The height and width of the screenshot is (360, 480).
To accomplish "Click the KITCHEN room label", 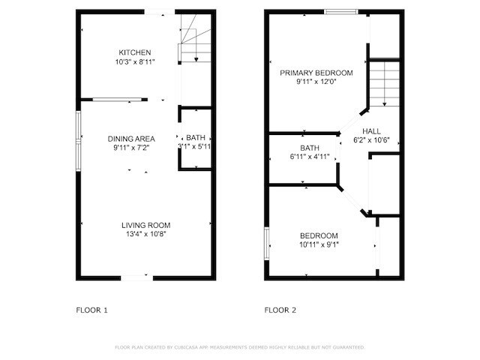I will pyautogui.click(x=135, y=52).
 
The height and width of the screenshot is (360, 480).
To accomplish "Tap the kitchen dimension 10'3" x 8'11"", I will pyautogui.click(x=135, y=62).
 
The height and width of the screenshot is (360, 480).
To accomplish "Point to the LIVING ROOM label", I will pyautogui.click(x=146, y=225).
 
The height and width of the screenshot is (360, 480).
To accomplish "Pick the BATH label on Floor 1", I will pyautogui.click(x=196, y=138).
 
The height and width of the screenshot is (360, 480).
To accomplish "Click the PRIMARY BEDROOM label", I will pyautogui.click(x=316, y=73).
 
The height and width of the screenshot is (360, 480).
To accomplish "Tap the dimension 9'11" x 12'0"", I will pyautogui.click(x=316, y=82).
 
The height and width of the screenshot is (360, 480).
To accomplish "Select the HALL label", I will pyautogui.click(x=371, y=130).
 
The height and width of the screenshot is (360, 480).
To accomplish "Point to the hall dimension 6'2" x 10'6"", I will pyautogui.click(x=371, y=140).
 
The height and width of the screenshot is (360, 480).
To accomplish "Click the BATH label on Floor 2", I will pyautogui.click(x=310, y=148).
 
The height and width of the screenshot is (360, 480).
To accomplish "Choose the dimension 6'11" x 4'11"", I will pyautogui.click(x=310, y=157).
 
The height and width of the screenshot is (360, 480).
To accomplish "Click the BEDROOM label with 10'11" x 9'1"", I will pyautogui.click(x=319, y=235).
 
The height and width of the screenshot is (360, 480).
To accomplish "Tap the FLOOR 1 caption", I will pyautogui.click(x=92, y=310).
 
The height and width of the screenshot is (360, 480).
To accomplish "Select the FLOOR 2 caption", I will pyautogui.click(x=280, y=310).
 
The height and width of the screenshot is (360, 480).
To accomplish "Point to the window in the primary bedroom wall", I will pyautogui.click(x=340, y=11).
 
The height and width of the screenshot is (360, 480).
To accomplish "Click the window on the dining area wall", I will pyautogui.click(x=79, y=135).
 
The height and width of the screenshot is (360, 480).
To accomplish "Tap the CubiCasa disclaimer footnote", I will pyautogui.click(x=239, y=347).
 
